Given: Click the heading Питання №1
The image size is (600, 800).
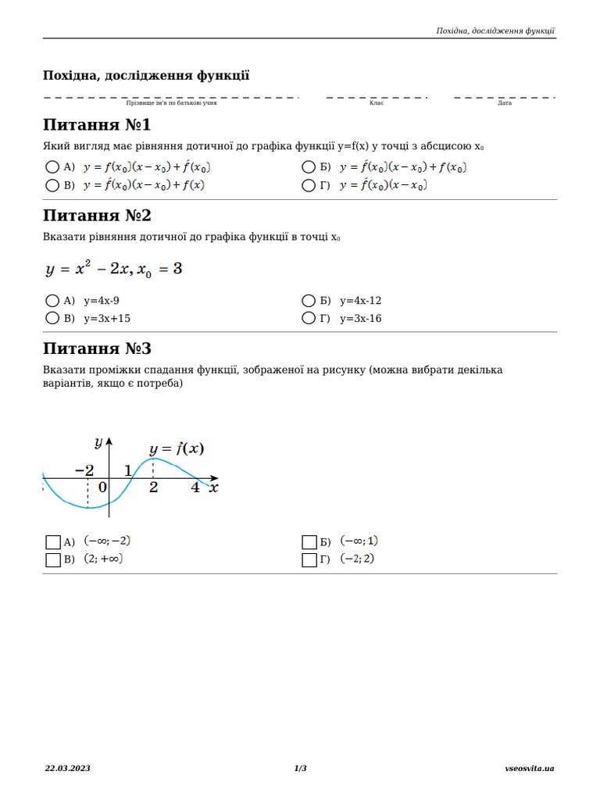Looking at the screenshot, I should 97,126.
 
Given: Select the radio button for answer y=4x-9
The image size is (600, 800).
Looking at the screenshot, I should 52,301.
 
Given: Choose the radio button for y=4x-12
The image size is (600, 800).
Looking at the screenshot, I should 308,301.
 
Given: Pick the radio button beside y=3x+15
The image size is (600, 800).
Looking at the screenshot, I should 52,318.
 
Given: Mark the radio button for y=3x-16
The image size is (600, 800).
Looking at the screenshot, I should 308,318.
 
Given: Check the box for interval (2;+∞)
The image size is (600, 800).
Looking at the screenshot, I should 53,559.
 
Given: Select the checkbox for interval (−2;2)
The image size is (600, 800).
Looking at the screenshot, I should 309,559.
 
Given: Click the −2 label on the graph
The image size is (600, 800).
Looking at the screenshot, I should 84,470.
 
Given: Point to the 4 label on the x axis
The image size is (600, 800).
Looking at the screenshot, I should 195,487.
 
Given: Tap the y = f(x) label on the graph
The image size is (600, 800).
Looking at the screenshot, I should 177,448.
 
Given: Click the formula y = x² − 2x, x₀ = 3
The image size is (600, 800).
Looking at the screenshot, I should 114,270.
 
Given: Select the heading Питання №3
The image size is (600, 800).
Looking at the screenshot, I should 97,348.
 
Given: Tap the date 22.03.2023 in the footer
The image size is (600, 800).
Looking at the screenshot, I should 67,769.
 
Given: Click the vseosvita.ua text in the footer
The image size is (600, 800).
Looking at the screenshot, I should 530,769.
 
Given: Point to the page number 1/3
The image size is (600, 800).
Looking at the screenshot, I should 300,769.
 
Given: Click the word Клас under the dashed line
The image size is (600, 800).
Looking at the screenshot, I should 377,103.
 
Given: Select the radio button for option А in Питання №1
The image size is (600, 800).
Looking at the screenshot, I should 52,167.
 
